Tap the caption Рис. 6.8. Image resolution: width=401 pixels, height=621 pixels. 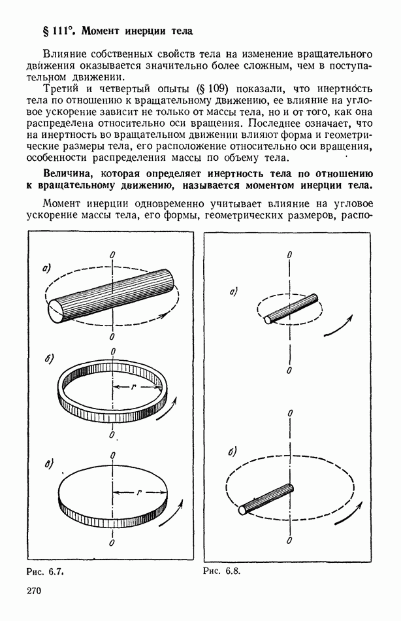pyautogui.click(x=222, y=569)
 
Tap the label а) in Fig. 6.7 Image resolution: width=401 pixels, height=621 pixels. pyautogui.click(x=46, y=267)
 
